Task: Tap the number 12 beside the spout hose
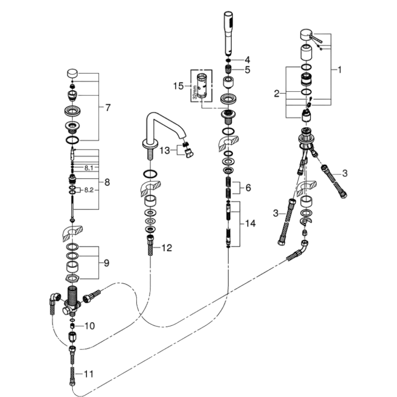[166, 248]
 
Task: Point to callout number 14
[251, 223]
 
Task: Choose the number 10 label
[89, 326]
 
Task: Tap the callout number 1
[340, 69]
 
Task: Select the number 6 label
[248, 188]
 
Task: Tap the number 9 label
[106, 263]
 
